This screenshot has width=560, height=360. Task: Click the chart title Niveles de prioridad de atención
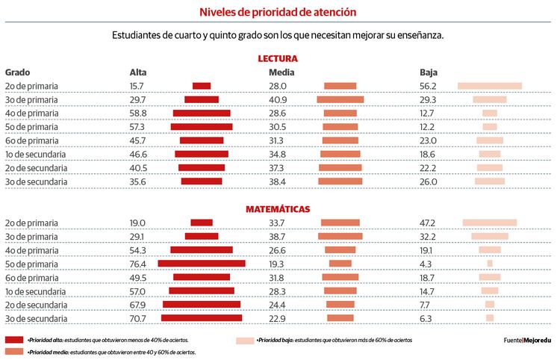pos(278,12)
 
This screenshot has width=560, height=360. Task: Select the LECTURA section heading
pos(278,58)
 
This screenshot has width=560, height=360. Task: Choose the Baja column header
pos(428,72)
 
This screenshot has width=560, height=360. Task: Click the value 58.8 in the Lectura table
pos(138,113)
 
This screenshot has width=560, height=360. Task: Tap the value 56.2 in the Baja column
pos(428,86)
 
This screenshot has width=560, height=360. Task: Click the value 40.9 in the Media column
pos(278,99)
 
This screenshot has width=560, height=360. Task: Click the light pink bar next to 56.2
pos(489,86)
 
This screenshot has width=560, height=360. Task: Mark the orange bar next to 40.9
pos(340,99)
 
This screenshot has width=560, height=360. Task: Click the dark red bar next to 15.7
pos(202,86)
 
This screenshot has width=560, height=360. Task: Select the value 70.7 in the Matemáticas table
pos(138,317)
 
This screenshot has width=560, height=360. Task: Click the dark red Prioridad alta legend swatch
pos(15,340)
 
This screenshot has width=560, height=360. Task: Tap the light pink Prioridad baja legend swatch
pos(245,340)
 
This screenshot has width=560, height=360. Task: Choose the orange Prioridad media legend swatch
pos(15,351)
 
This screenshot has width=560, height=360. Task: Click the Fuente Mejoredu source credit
pos(527,341)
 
